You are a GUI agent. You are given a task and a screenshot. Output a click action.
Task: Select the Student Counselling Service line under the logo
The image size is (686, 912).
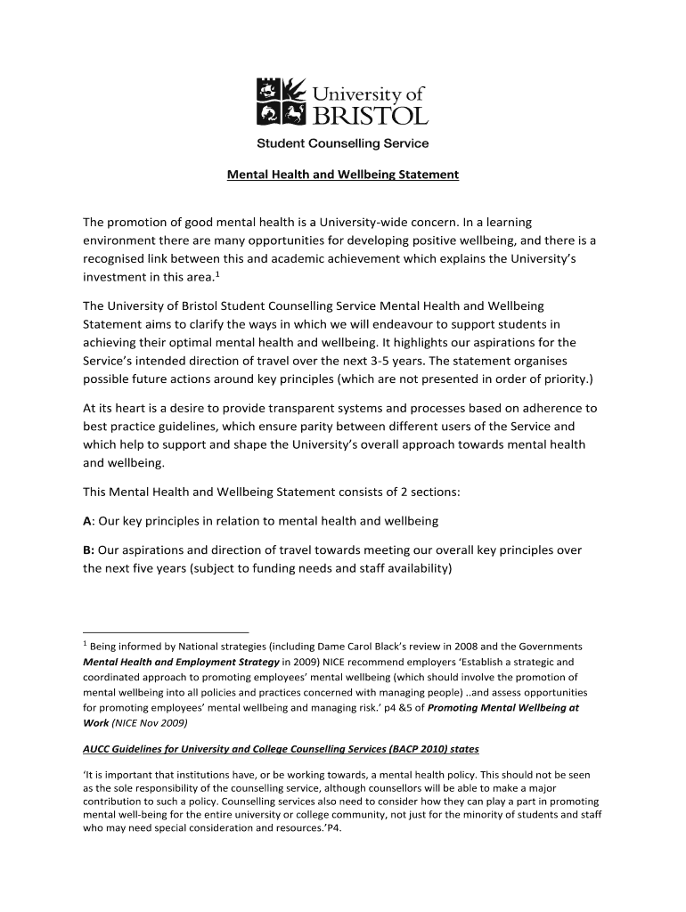[343, 143]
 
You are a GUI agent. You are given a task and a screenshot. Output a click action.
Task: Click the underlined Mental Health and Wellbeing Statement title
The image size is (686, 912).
[343, 175]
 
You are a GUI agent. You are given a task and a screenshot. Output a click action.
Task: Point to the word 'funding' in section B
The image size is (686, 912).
[287, 568]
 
